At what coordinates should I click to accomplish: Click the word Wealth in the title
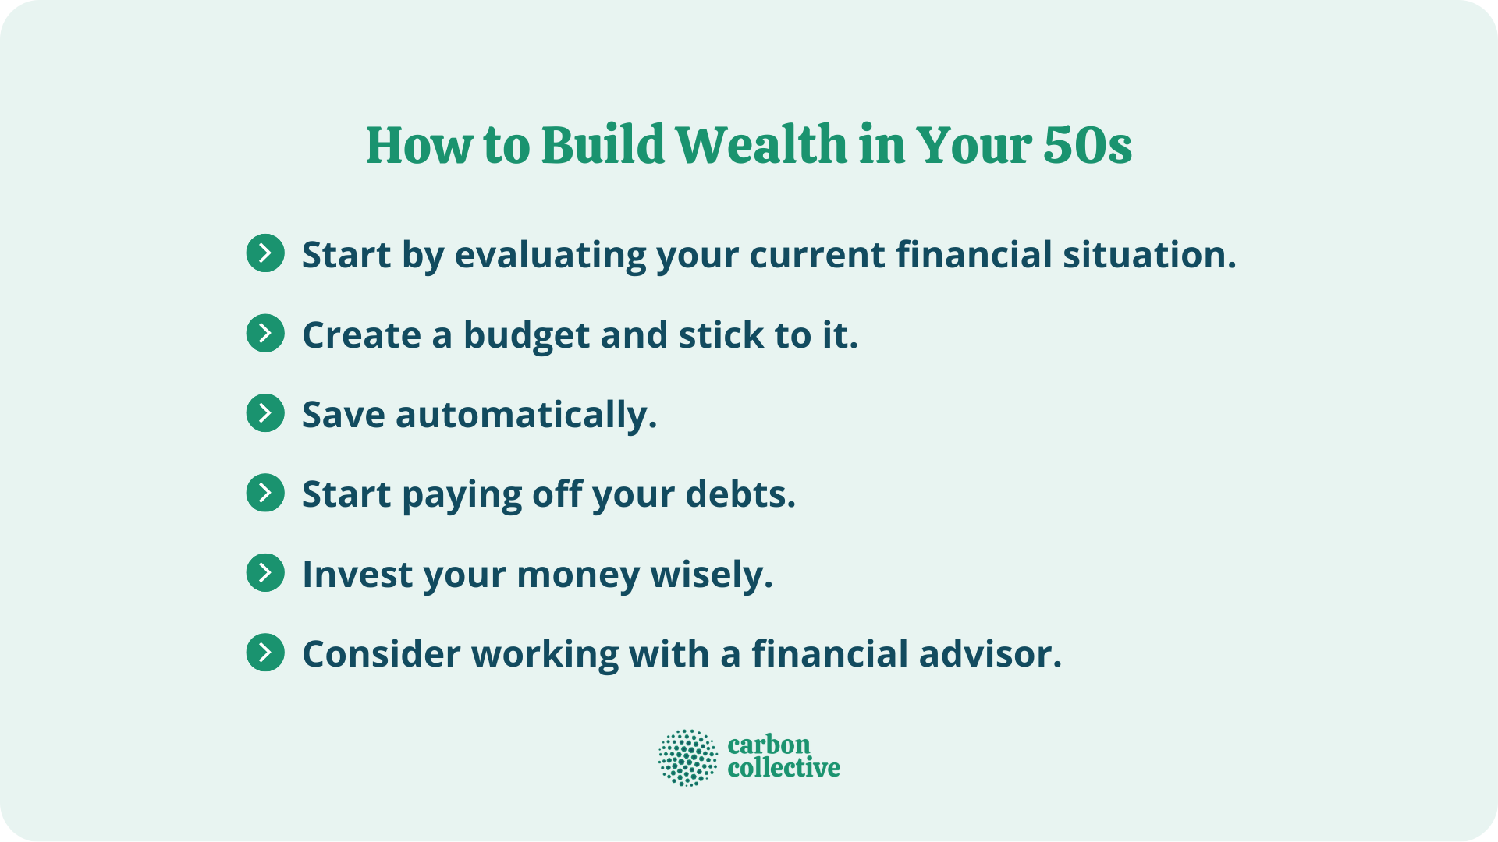click(x=761, y=146)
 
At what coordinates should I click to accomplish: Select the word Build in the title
click(x=602, y=146)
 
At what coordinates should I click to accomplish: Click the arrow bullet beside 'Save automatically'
click(x=265, y=413)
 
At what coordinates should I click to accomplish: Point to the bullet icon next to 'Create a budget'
click(x=265, y=334)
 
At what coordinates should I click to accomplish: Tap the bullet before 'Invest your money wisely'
click(x=265, y=573)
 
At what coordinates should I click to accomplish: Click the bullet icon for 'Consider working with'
click(x=265, y=653)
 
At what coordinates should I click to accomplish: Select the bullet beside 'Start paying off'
click(x=265, y=493)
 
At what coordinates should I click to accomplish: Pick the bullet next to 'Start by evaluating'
click(x=265, y=253)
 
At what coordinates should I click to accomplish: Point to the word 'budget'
click(x=527, y=336)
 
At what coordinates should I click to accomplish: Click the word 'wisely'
click(x=711, y=575)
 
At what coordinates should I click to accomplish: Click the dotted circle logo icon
click(x=687, y=758)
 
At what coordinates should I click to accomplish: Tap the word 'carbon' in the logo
click(x=769, y=745)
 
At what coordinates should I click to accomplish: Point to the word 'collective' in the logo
click(x=783, y=769)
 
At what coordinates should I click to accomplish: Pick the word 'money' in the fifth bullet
click(x=577, y=575)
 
